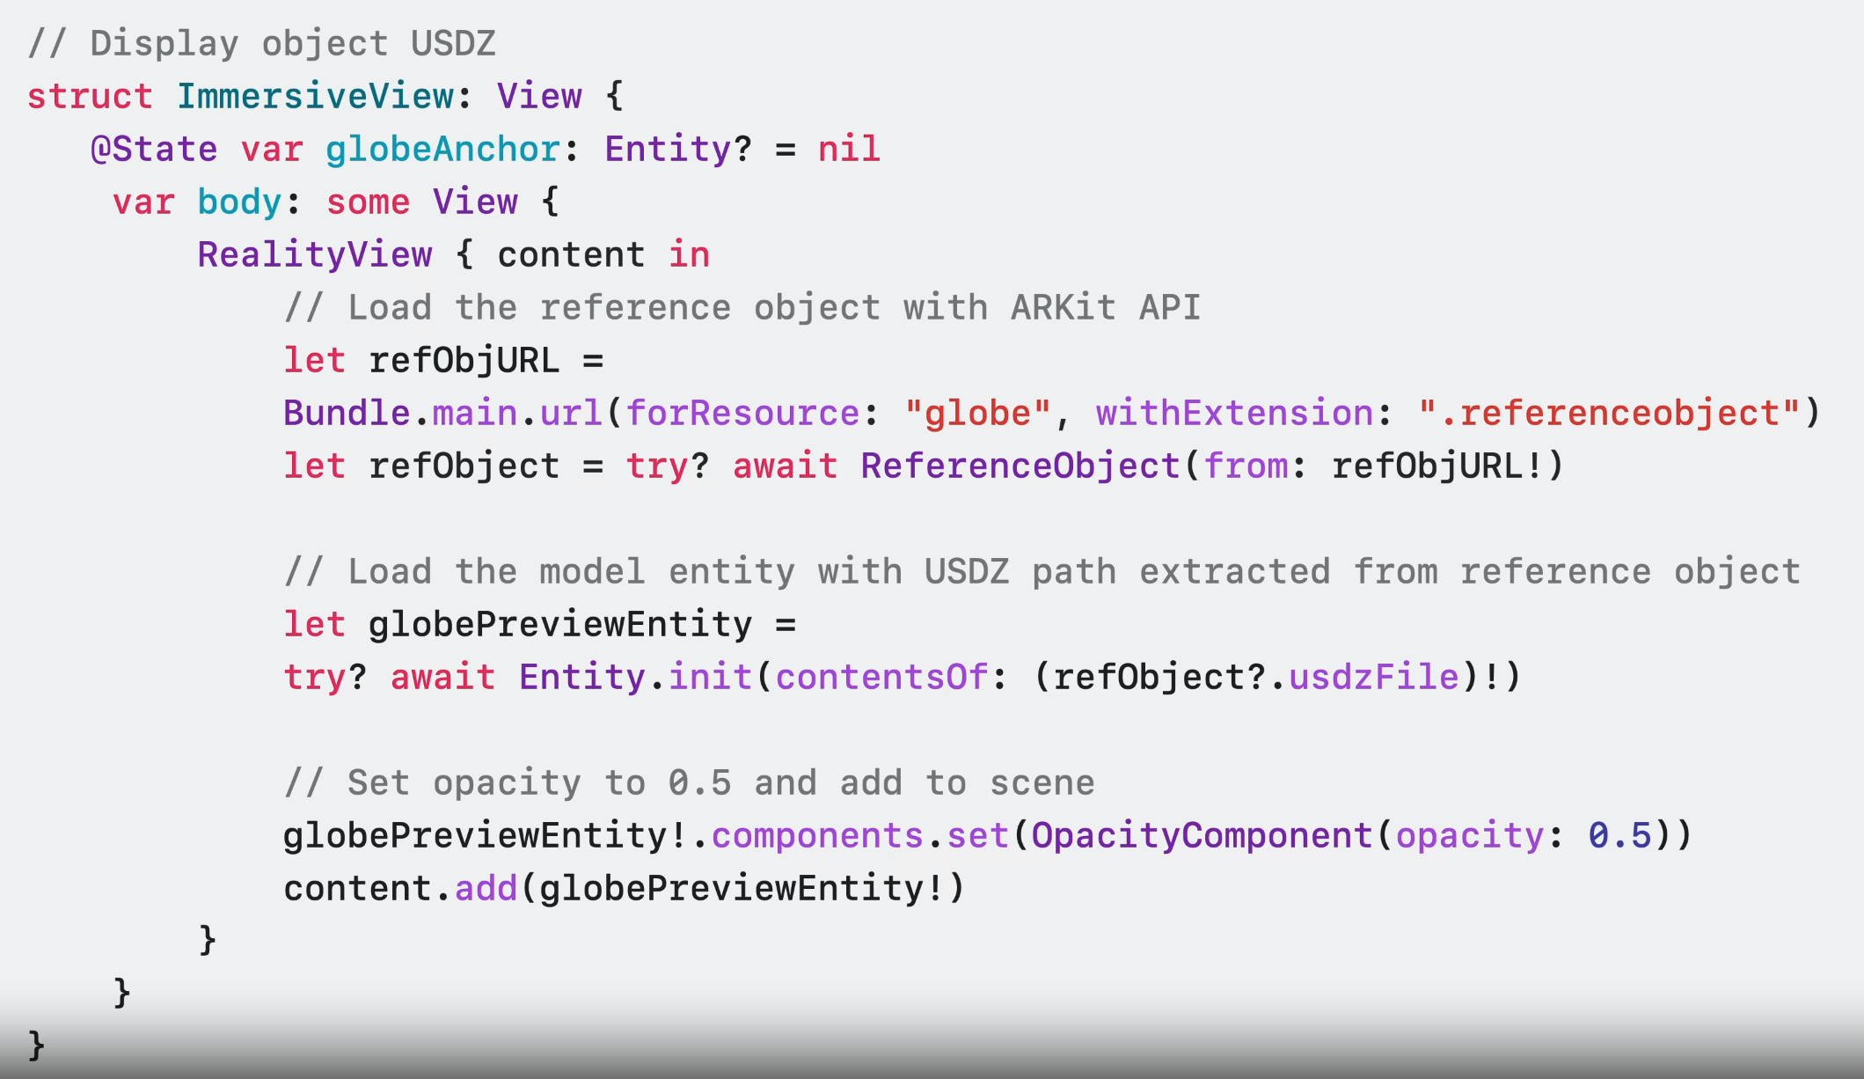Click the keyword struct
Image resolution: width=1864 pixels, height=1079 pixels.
point(90,97)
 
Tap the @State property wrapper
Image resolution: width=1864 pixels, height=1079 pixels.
point(154,150)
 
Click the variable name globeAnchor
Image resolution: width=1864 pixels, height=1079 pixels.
point(442,150)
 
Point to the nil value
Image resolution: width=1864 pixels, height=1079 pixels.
point(848,150)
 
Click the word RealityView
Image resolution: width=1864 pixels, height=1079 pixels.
point(314,255)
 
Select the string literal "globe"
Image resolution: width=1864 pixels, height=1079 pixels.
point(977,414)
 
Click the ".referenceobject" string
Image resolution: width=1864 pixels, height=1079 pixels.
point(1609,414)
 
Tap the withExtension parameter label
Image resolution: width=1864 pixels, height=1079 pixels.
point(1234,414)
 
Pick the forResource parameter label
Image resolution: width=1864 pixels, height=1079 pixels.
point(742,414)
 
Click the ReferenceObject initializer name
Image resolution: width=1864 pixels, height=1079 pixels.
point(1020,466)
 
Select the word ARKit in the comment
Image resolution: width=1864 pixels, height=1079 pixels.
point(1063,308)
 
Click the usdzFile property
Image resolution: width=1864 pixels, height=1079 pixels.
point(1373,678)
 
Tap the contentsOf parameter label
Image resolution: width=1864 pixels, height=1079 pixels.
point(881,678)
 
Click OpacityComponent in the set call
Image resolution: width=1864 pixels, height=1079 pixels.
point(1202,836)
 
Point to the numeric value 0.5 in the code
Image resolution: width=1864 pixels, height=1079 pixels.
point(1619,836)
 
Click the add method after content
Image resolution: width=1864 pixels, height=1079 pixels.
point(486,889)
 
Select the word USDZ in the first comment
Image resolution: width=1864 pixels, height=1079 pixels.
point(453,44)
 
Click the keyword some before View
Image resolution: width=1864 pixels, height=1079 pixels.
point(368,202)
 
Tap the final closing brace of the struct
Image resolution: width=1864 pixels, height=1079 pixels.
point(36,1046)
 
